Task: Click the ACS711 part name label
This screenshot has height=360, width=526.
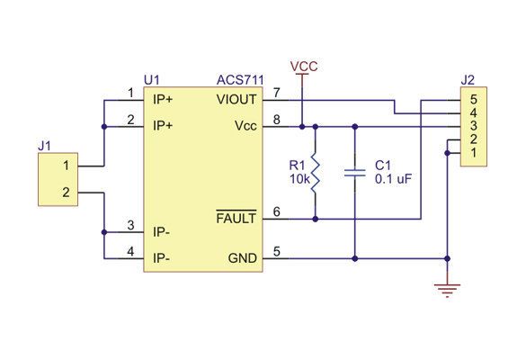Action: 240,80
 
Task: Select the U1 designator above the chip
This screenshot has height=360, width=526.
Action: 152,80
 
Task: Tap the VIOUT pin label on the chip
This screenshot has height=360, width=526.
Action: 236,100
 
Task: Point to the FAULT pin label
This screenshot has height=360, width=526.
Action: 236,219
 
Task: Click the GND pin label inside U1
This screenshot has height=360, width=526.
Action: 243,258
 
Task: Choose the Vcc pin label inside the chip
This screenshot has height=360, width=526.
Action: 245,126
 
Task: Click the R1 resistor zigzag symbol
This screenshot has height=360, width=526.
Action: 315,173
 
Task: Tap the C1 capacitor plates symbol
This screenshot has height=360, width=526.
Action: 355,173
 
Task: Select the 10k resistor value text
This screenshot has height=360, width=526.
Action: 299,179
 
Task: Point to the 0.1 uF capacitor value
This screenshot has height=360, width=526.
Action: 393,179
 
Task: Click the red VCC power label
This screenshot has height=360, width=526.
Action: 304,67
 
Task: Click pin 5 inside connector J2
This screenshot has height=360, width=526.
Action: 473,100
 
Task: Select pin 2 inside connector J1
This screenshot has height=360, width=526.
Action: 66,193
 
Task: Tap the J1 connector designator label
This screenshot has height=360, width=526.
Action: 45,146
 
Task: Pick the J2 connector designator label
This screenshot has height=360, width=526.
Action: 468,80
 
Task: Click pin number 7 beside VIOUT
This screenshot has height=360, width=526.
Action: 276,93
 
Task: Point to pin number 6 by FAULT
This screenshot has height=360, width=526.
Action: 276,211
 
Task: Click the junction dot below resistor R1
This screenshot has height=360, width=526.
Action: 315,219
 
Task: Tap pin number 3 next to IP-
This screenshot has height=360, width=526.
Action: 131,225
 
